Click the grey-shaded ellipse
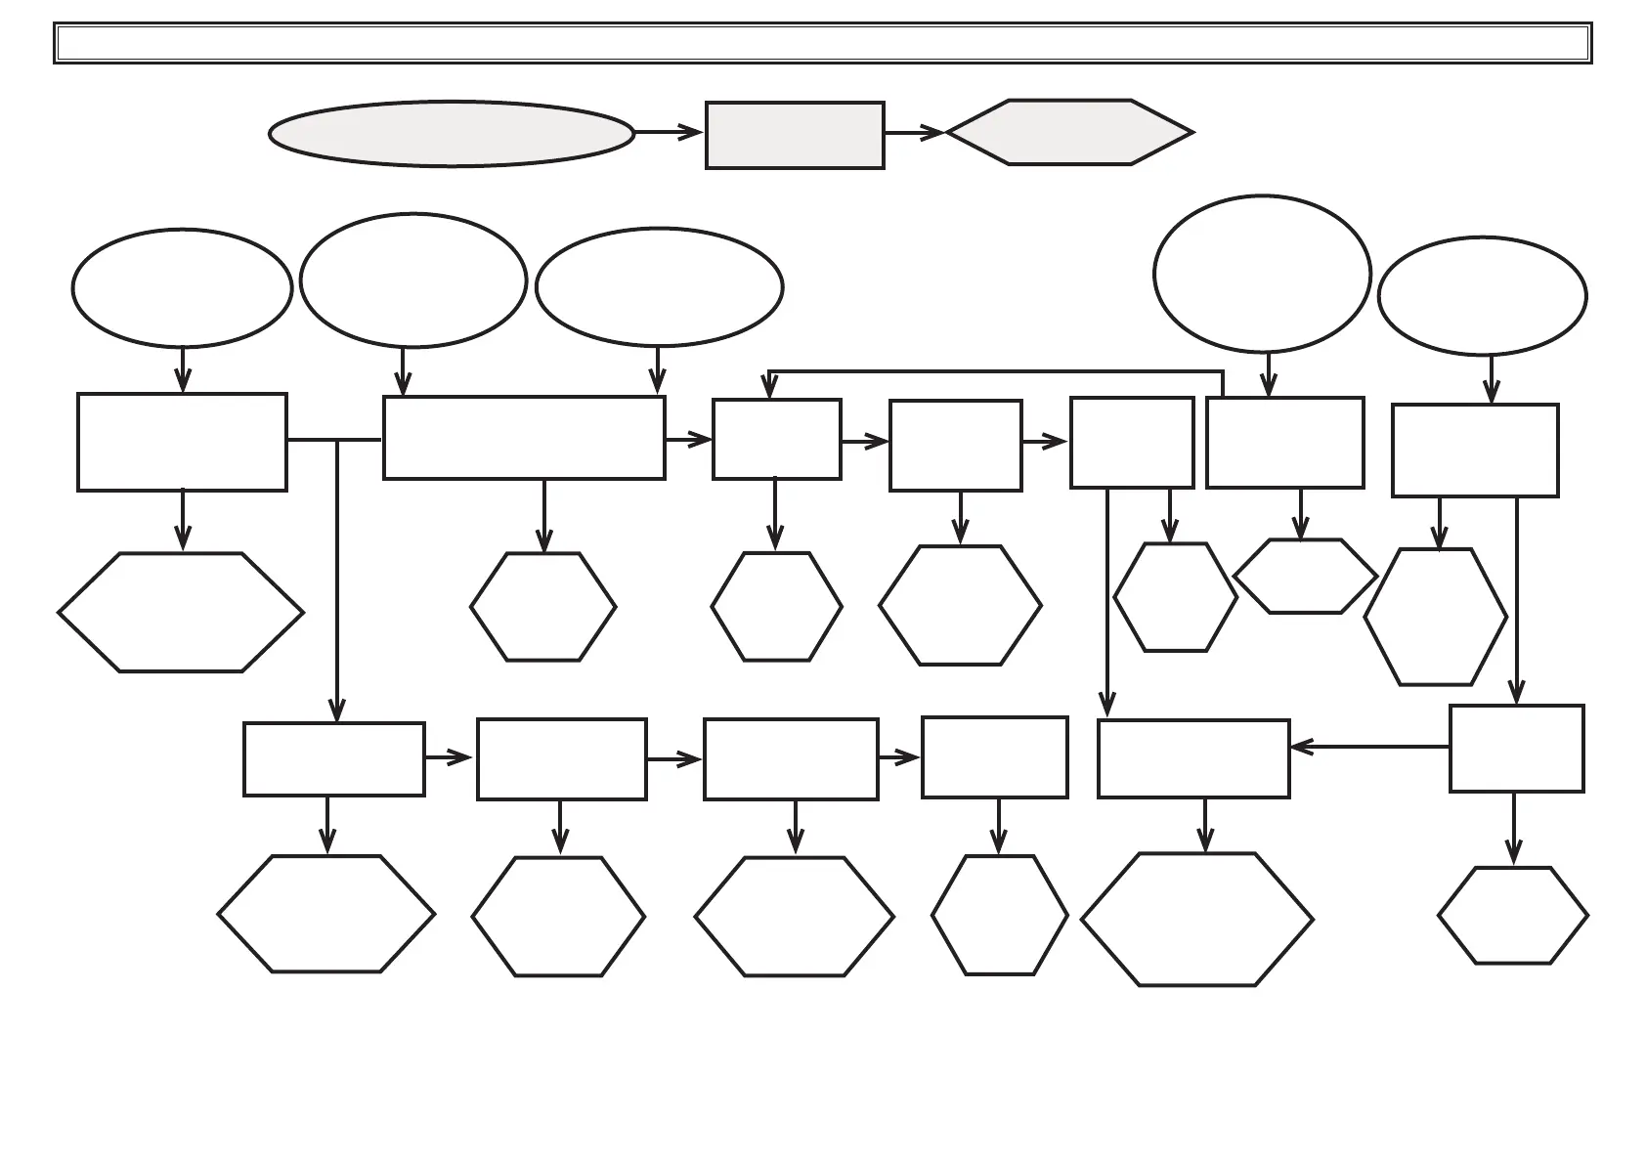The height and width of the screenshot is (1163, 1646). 451,133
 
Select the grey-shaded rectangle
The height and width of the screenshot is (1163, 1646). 795,135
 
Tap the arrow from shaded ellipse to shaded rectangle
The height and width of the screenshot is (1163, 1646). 669,132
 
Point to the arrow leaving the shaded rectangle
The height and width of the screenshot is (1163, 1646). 914,132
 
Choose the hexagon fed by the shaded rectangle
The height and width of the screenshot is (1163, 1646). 1069,132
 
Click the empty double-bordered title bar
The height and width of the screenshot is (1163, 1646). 823,43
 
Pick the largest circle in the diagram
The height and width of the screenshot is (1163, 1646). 1262,274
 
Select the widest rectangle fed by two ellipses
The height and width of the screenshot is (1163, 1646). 524,438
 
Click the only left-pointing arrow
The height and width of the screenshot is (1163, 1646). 1368,748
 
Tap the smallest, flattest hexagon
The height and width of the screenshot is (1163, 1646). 1305,577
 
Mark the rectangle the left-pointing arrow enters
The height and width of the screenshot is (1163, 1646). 1193,759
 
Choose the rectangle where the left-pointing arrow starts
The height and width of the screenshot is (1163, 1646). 1516,749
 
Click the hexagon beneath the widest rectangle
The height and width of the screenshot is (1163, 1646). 542,607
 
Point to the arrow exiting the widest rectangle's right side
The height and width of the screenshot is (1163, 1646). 688,441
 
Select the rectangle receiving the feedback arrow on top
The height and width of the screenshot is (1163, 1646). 776,440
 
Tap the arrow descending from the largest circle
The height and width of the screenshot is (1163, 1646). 1269,375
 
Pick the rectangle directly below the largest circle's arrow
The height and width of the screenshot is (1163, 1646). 1284,443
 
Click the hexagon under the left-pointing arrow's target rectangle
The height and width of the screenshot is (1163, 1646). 1196,920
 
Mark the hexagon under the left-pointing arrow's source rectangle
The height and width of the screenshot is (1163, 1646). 1512,916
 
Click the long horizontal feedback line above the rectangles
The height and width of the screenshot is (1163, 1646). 997,371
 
